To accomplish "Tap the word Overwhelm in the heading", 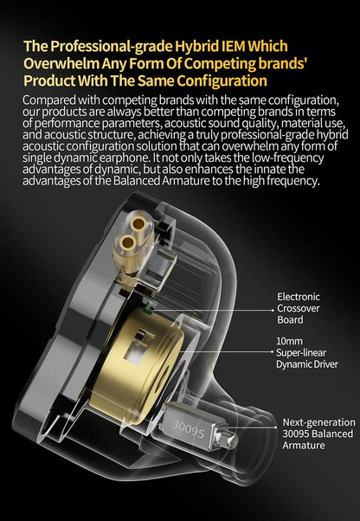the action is click(x=61, y=63).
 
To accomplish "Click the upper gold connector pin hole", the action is click(x=138, y=225).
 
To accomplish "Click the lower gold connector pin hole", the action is click(x=128, y=243).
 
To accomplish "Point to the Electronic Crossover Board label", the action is click(x=299, y=308).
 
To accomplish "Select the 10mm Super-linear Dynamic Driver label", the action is click(x=307, y=352).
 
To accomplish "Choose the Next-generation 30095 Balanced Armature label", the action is click(x=318, y=434).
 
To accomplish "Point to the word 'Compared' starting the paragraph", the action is click(x=43, y=100).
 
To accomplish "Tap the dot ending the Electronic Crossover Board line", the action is click(x=273, y=311).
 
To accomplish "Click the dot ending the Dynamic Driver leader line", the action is click(x=273, y=351).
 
